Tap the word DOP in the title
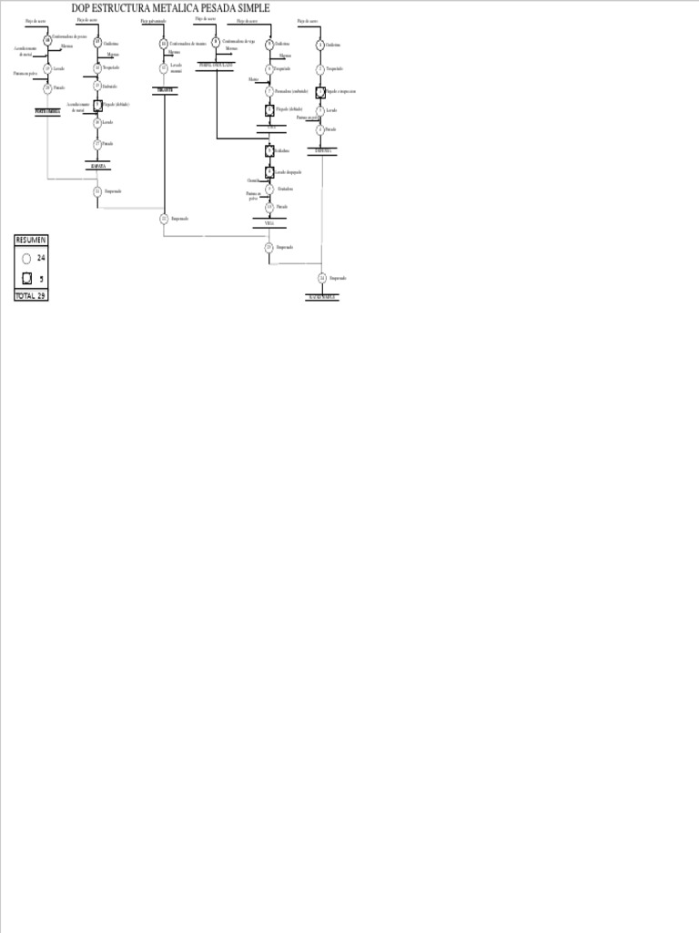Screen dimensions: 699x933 (81, 8)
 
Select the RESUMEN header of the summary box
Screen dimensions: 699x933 (30, 240)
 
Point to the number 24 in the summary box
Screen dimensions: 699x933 (41, 258)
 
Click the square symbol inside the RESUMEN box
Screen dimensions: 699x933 (26, 279)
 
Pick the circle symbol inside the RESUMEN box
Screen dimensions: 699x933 (26, 258)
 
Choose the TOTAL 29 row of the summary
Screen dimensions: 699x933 (30, 296)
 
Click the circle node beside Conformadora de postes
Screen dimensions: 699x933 (47, 39)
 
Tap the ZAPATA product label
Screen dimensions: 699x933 (97, 167)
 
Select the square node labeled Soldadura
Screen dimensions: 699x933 (269, 150)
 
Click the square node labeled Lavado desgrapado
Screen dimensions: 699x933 (269, 171)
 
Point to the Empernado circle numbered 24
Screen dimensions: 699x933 (322, 277)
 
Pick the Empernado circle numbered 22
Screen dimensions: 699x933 (164, 219)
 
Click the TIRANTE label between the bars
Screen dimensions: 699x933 (164, 89)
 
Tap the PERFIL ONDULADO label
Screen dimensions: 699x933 (216, 65)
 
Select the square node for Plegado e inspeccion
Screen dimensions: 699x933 (320, 92)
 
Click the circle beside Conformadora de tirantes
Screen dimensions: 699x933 (164, 43)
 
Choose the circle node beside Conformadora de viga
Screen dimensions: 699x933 (216, 41)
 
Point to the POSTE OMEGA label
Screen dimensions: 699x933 (47, 110)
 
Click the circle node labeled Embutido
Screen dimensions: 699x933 (97, 86)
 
